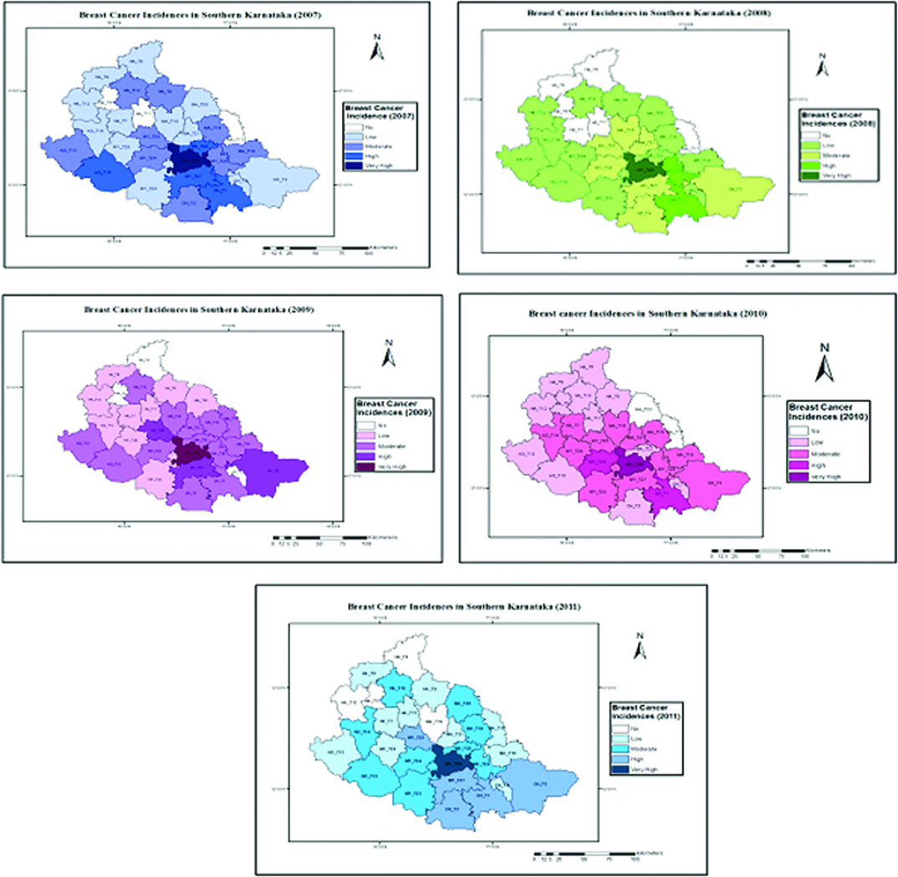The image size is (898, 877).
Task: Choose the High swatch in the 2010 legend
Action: (799, 463)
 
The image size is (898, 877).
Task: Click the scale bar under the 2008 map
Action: (797, 261)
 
